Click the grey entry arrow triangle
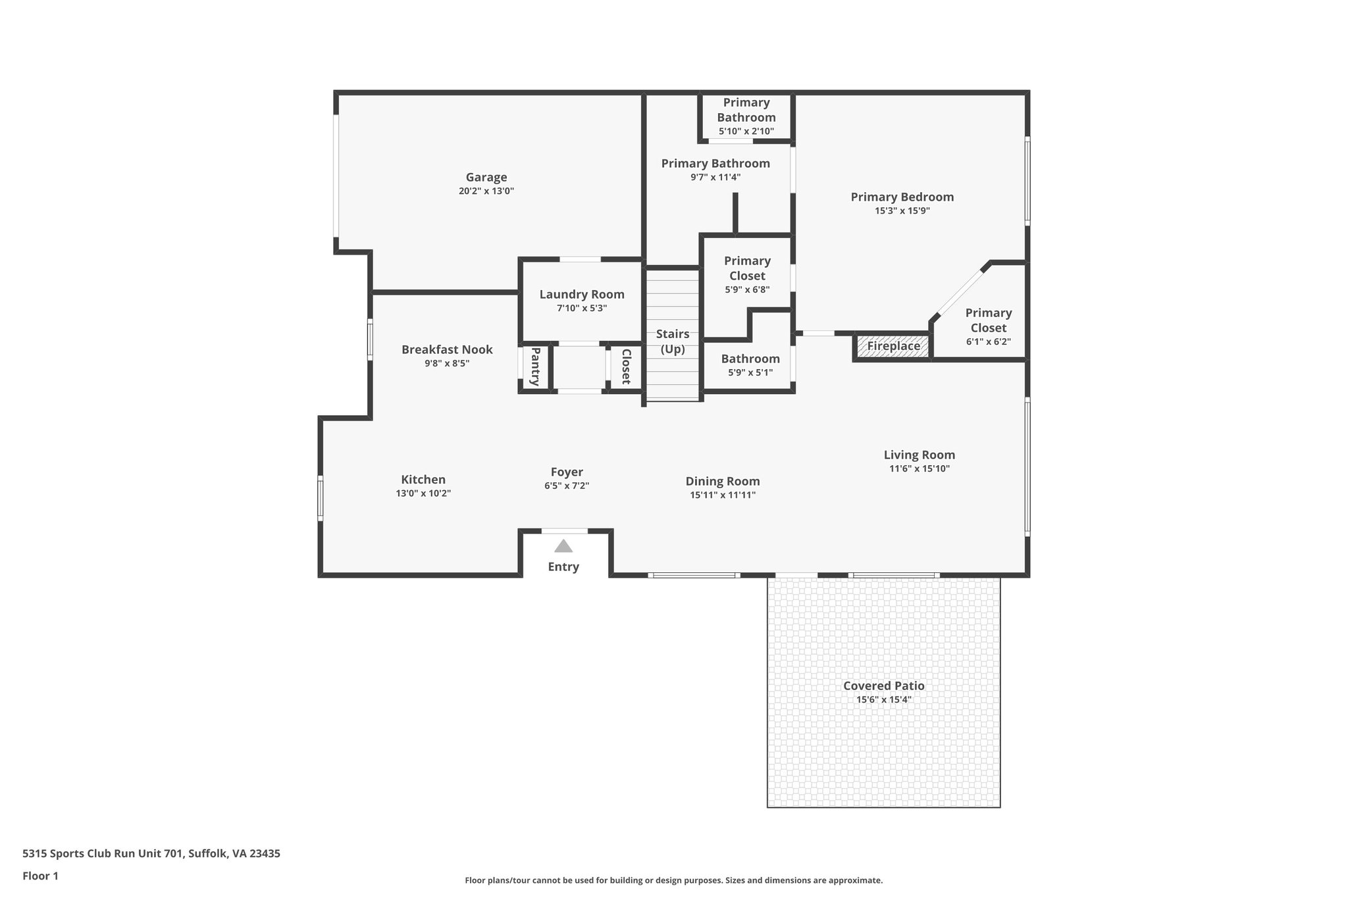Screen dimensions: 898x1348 tap(563, 546)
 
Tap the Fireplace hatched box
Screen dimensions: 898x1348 tap(893, 346)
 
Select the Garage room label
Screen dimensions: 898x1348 tap(486, 177)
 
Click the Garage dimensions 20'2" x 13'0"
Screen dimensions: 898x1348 tap(486, 191)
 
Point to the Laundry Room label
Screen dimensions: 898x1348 tap(582, 294)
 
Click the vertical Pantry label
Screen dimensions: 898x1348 tap(534, 367)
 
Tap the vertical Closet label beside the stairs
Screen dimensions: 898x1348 tap(626, 367)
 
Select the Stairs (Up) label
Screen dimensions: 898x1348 tap(673, 341)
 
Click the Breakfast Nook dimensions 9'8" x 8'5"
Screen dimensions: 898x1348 tap(447, 363)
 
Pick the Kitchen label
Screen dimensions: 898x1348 tap(423, 480)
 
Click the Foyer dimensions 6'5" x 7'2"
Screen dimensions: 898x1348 tap(566, 486)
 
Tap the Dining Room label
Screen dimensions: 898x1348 tap(723, 481)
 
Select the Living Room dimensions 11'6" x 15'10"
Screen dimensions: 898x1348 tap(919, 469)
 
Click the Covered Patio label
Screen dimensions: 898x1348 tap(883, 686)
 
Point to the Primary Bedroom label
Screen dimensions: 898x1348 tap(902, 197)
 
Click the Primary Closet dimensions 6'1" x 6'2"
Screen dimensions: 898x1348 tap(988, 342)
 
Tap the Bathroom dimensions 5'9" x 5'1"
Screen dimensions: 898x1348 tap(750, 373)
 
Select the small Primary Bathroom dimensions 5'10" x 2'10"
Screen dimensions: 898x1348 tap(746, 132)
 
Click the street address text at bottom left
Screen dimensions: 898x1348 tap(151, 853)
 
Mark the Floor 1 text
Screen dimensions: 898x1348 tap(40, 876)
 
